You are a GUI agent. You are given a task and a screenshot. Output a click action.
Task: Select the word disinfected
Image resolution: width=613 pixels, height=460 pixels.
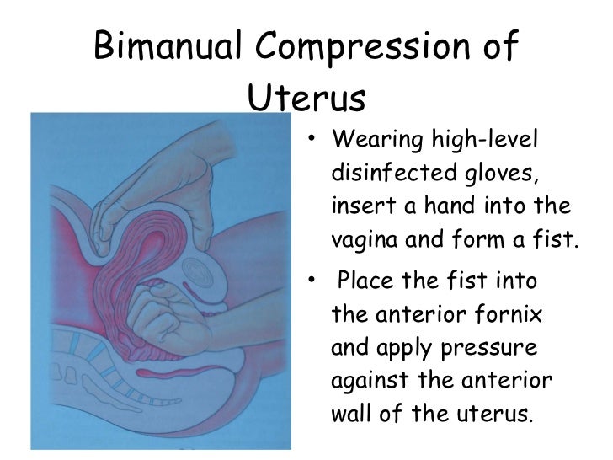coord(390,173)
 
